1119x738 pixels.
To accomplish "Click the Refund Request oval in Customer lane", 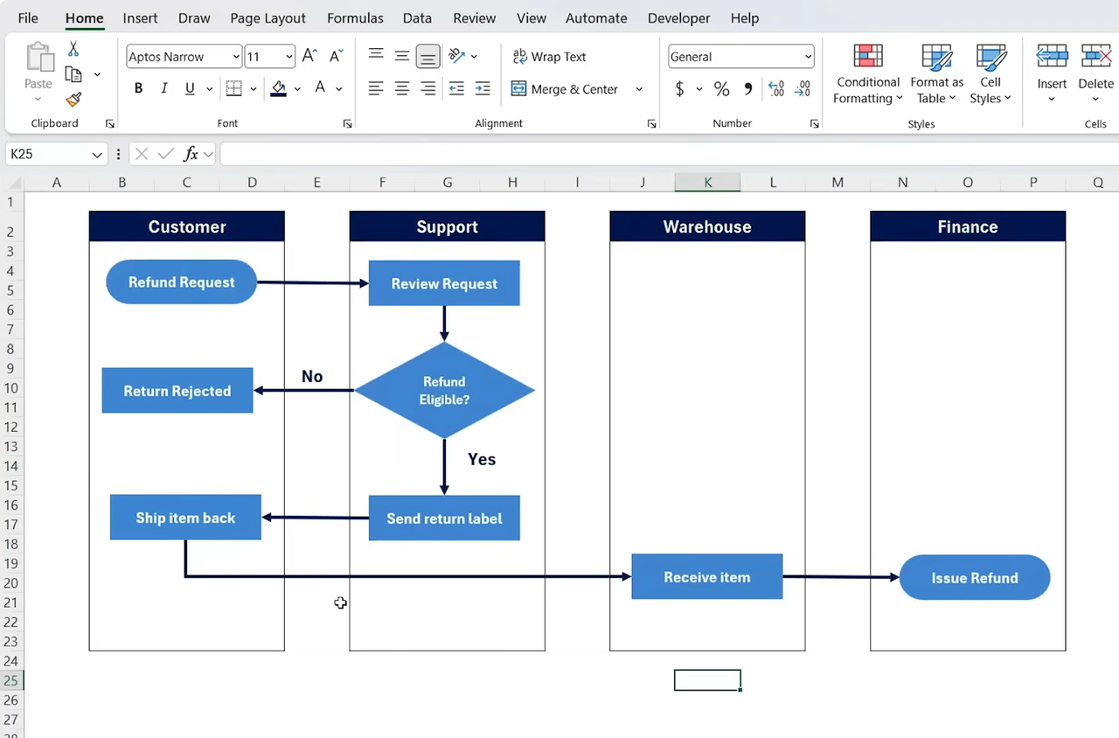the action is point(181,282).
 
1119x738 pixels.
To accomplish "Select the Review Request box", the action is point(444,283).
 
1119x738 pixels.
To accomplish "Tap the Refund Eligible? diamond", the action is point(444,390).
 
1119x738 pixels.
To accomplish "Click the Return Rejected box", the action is point(177,390).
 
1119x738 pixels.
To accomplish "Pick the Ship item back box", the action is point(185,517).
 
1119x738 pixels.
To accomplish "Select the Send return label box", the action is point(444,519).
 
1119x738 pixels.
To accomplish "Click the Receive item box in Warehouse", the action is point(707,576).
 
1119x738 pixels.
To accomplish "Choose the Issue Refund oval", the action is point(975,578).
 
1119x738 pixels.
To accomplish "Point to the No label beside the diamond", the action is point(312,376).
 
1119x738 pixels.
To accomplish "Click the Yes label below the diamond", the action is point(482,459).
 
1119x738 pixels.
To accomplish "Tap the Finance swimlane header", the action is point(968,226).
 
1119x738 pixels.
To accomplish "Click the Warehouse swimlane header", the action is point(707,226).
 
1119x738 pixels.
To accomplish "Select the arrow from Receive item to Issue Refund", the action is point(841,577).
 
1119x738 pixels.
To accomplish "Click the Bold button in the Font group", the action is point(138,88).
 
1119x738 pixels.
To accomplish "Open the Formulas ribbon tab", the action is point(355,18).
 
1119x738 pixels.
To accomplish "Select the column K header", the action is point(707,183).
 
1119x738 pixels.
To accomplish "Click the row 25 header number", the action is point(11,680).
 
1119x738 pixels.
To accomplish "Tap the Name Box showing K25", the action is point(56,154).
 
